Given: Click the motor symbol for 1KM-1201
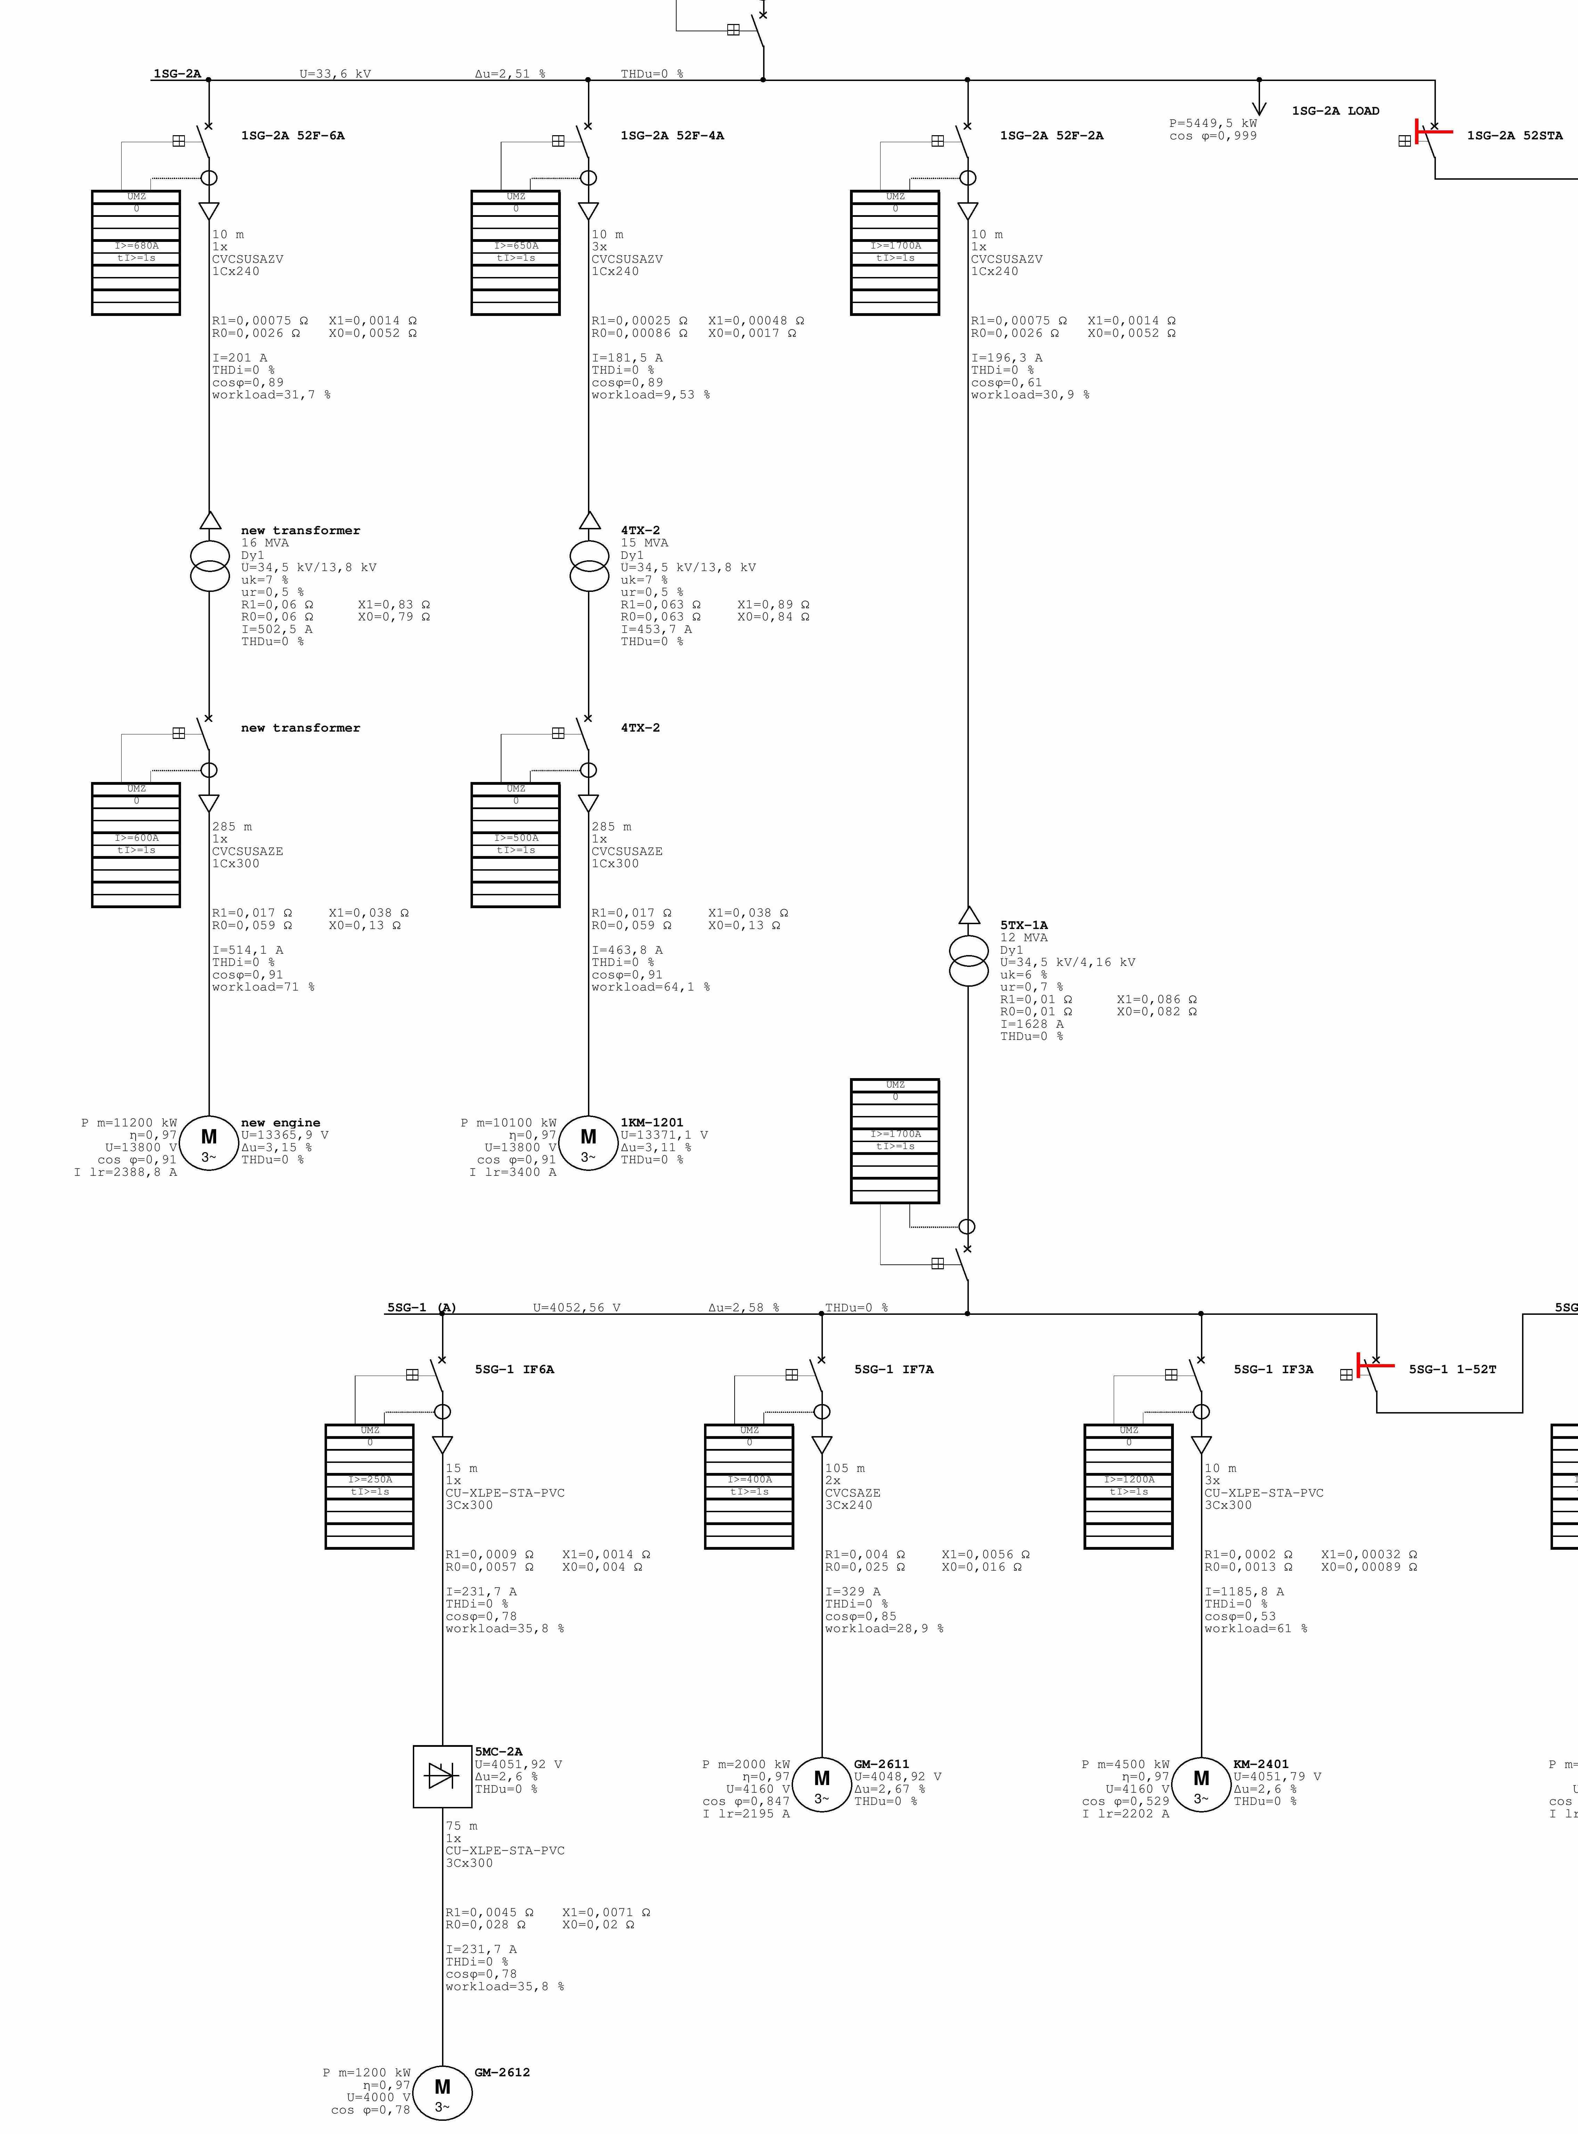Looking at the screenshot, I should point(588,1142).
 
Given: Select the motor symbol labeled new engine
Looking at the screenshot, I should point(209,1142).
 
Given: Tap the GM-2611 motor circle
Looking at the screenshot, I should point(821,1784).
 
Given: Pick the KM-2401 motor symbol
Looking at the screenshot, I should point(1201,1784).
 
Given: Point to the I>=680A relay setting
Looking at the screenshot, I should point(137,245).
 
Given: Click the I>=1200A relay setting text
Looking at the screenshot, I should point(1129,1479).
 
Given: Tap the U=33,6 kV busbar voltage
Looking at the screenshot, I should point(335,74).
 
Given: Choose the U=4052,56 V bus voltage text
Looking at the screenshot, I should point(576,1307).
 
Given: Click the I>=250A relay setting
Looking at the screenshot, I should point(370,1479).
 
